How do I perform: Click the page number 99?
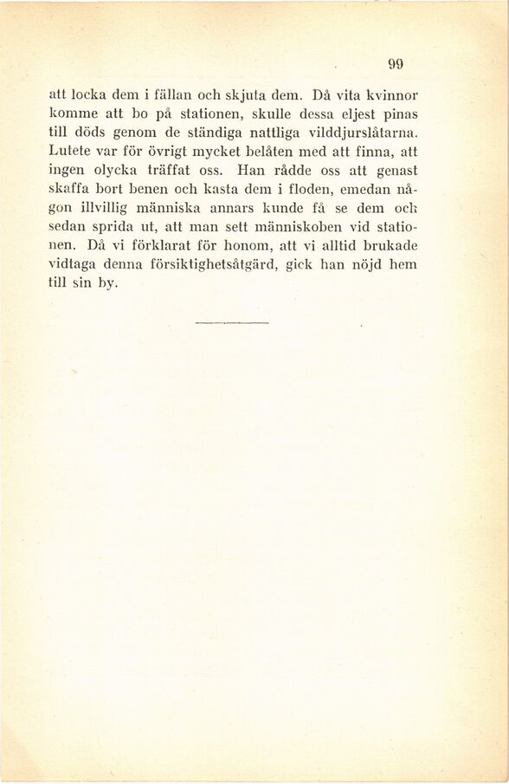pos(396,62)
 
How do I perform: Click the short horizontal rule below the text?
pos(232,323)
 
